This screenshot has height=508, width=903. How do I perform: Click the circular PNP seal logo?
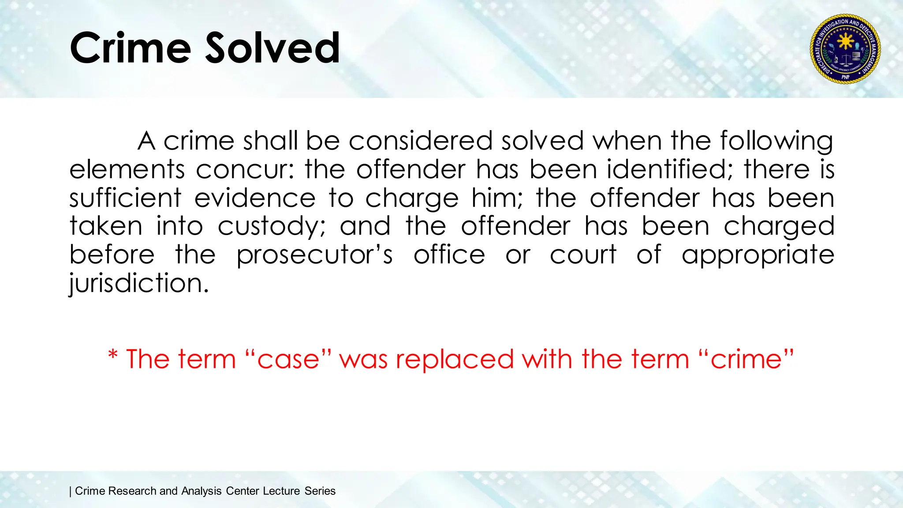pos(845,49)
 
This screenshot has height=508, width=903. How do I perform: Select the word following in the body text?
pos(776,141)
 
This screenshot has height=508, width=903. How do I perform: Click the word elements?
pos(127,170)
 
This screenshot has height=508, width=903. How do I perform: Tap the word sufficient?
pos(125,198)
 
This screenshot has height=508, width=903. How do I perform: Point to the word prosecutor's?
pos(314,255)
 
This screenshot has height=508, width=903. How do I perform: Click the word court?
pos(583,255)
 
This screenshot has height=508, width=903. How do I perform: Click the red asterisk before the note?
pos(113,355)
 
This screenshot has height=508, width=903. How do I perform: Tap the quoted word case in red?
pos(288,359)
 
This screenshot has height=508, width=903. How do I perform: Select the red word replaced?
pos(455,359)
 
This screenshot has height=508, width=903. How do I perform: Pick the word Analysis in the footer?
pos(201,491)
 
